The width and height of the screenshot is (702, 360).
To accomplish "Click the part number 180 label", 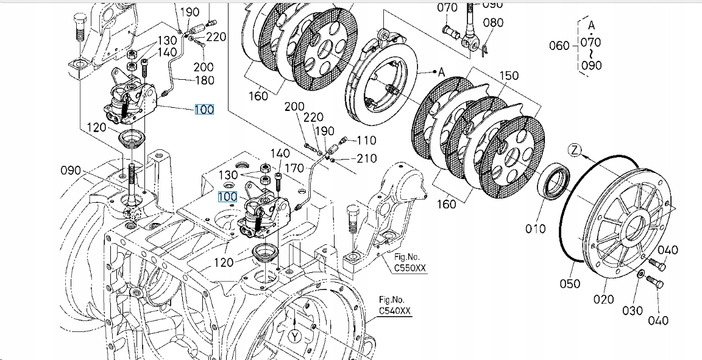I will (204, 81).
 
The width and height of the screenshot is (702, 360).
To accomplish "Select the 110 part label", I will (366, 140).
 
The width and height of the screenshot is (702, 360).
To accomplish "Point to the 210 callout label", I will (366, 159).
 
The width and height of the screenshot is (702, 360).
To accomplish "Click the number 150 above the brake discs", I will (508, 76).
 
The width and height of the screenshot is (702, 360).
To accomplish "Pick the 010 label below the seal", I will (536, 228).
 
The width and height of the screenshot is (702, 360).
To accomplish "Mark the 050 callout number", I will (570, 283).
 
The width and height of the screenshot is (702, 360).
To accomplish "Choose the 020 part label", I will (603, 299).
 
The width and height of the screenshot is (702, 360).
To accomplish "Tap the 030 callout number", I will (632, 311).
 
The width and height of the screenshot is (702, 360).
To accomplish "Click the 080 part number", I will (493, 23).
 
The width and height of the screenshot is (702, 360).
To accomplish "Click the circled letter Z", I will (575, 149).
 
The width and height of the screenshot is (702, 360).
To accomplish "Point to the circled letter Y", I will (296, 336).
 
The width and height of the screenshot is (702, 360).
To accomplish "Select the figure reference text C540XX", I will (395, 311).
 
